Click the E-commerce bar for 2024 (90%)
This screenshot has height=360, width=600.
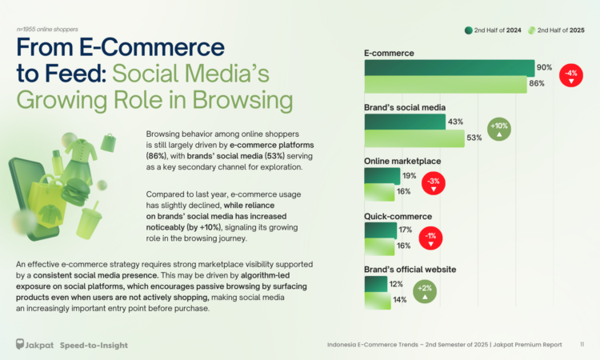pyautogui.click(x=449, y=68)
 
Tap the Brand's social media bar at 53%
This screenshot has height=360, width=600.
pyautogui.click(x=414, y=138)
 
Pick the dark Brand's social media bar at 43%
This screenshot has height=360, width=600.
pyautogui.click(x=404, y=122)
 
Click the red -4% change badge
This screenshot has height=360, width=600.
pyautogui.click(x=571, y=76)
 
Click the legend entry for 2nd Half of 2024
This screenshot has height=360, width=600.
pyautogui.click(x=494, y=31)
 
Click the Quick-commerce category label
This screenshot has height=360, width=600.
pyautogui.click(x=398, y=216)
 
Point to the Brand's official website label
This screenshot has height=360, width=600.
pyautogui.click(x=410, y=270)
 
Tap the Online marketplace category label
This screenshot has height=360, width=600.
pyautogui.click(x=402, y=162)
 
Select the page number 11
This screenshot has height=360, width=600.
pyautogui.click(x=582, y=345)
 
